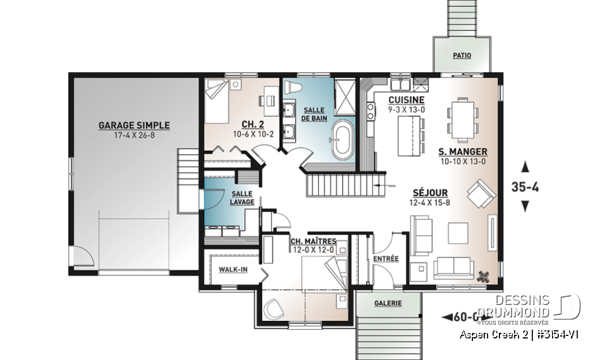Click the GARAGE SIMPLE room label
(x=134, y=125)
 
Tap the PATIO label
(x=462, y=56)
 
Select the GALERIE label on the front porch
(x=388, y=304)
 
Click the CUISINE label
(x=406, y=101)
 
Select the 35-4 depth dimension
(x=524, y=187)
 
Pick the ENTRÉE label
(x=386, y=258)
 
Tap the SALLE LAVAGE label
(x=243, y=198)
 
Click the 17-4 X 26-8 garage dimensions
(x=134, y=135)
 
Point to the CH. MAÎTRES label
(x=313, y=241)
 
